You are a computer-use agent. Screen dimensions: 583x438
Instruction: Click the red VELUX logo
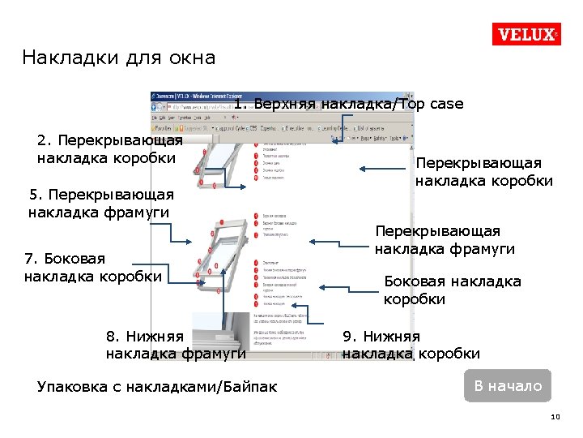click(x=526, y=35)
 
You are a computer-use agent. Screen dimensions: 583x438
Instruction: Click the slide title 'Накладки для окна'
click(x=119, y=58)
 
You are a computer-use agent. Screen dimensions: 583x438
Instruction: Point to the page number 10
click(x=555, y=417)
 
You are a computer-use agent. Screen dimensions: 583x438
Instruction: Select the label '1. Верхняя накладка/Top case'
click(x=348, y=104)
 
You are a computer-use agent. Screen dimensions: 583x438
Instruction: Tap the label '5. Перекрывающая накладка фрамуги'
click(x=100, y=204)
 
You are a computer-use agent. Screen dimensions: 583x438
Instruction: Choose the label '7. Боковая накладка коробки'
click(x=93, y=267)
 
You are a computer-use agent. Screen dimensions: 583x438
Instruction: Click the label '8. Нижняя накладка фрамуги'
click(x=176, y=345)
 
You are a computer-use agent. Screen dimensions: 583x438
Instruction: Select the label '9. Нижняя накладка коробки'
click(x=411, y=345)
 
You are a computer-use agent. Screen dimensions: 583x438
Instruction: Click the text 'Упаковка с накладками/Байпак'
click(x=157, y=387)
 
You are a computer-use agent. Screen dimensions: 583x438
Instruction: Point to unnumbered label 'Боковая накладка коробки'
click(x=452, y=290)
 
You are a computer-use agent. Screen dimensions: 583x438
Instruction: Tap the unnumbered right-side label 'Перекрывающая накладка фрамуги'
click(x=445, y=240)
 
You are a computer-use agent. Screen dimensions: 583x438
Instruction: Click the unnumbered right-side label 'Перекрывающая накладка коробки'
click(x=483, y=171)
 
